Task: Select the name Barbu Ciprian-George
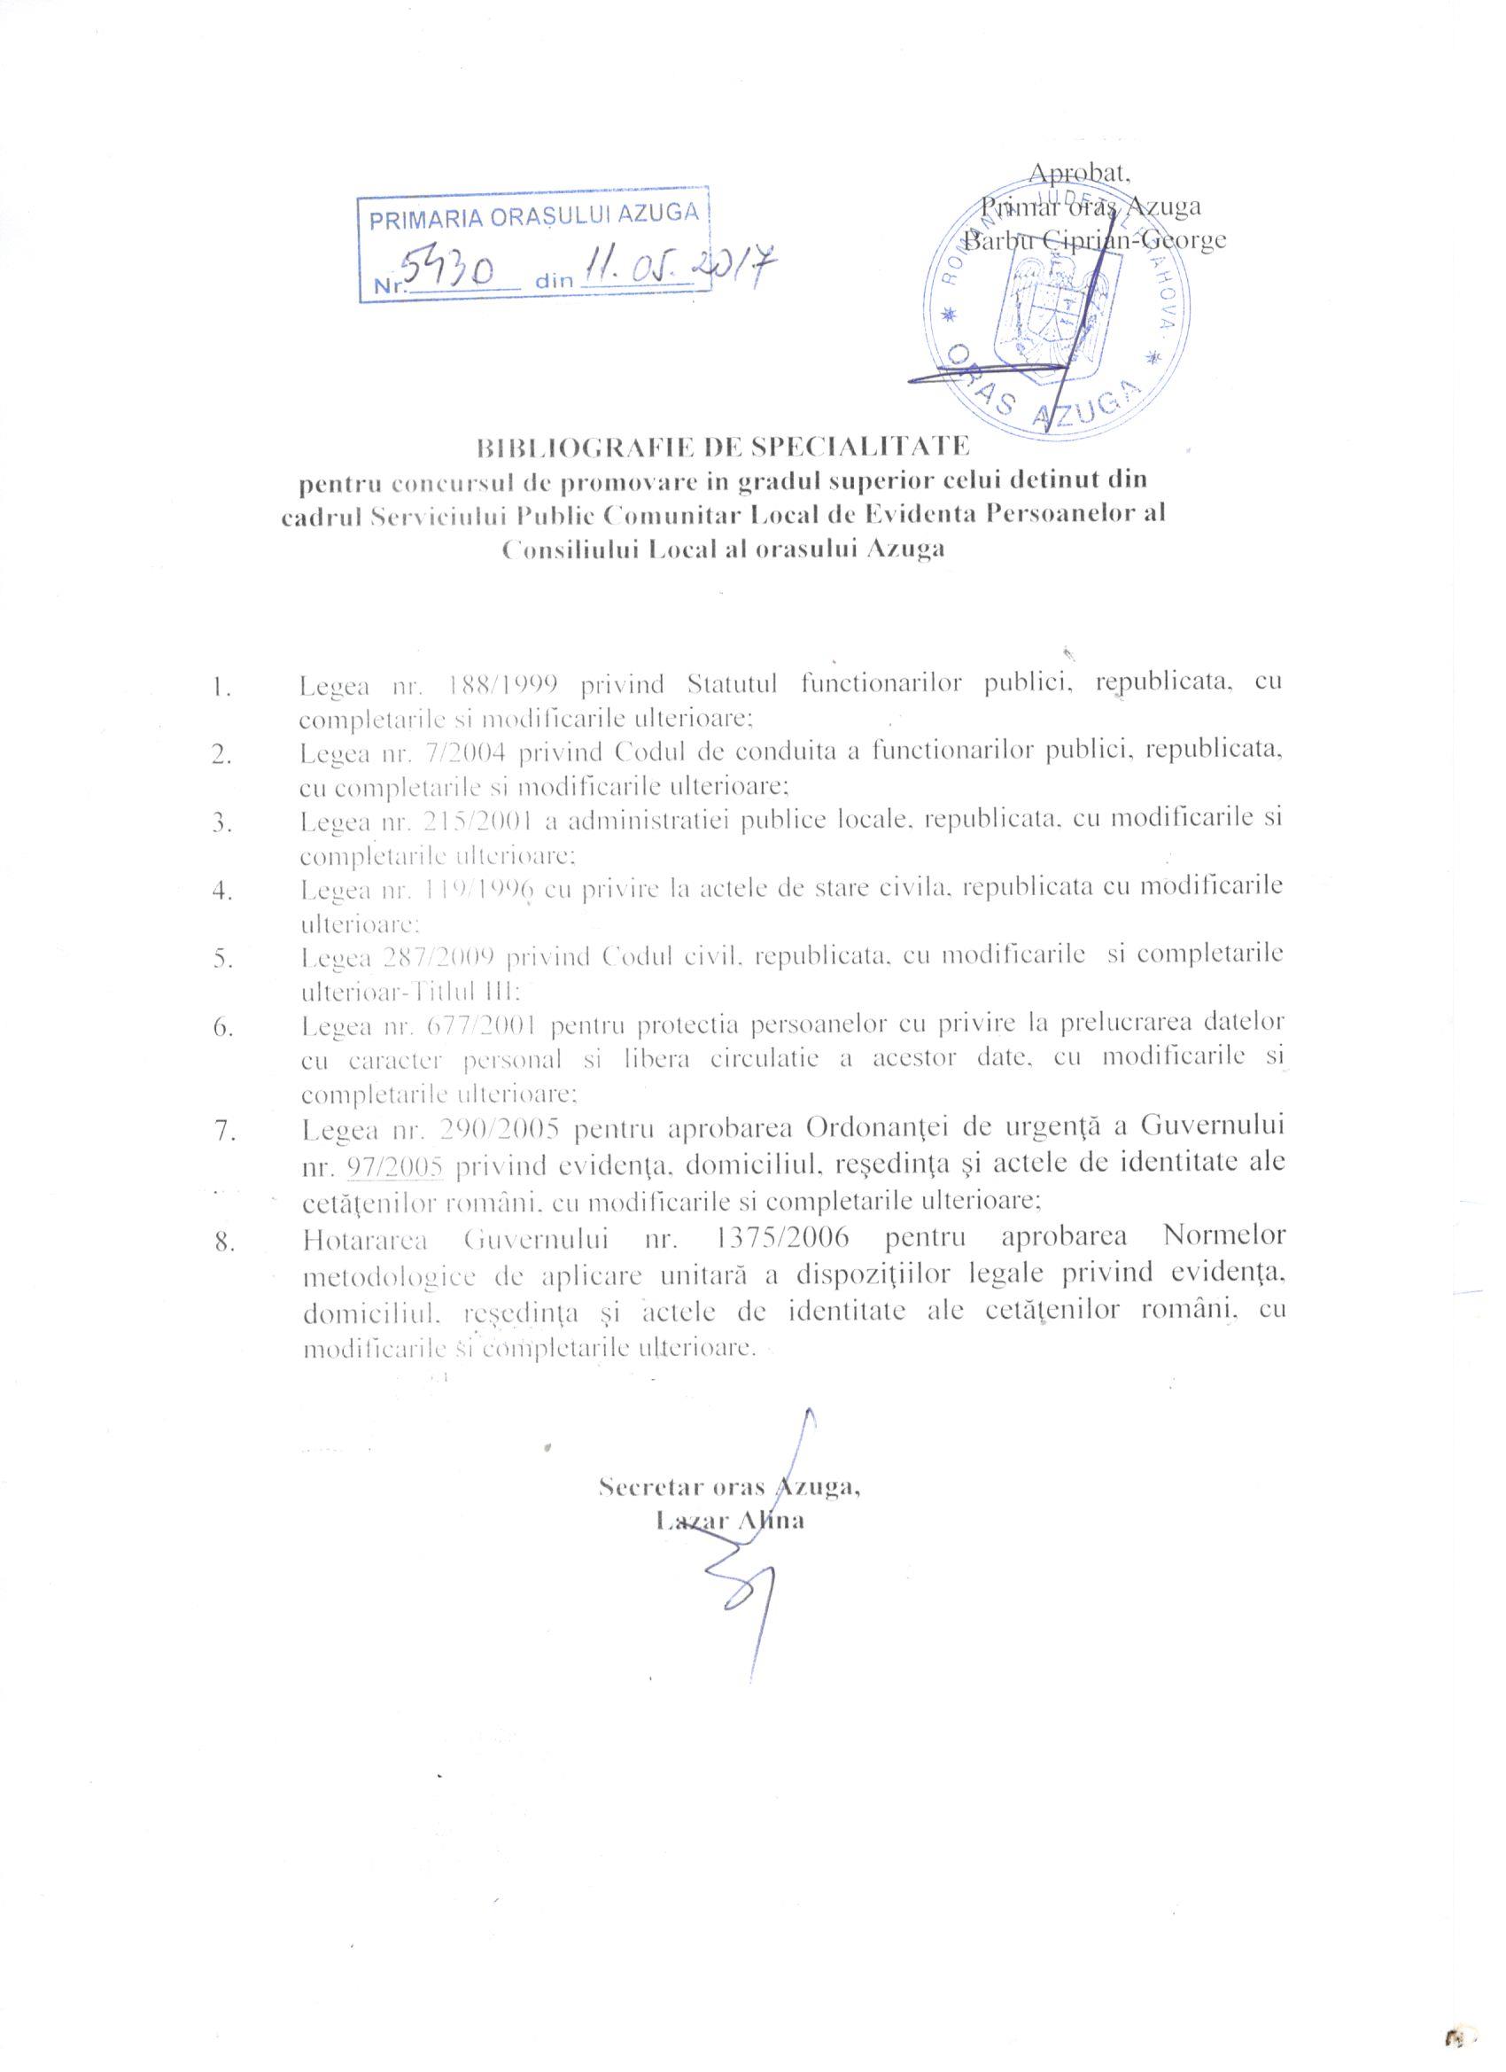click(1096, 241)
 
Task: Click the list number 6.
click(222, 1027)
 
